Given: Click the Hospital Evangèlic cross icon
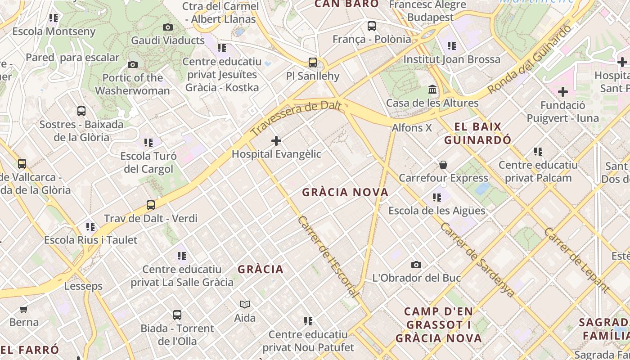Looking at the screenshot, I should coord(276,141).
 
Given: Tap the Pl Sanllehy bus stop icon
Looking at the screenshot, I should coord(312,63).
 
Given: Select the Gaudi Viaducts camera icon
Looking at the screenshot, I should coord(168,27).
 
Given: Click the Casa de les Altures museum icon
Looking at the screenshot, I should coord(432,90).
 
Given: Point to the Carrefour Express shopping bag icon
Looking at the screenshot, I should coord(443,165).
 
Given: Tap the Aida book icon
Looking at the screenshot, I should coord(245,305).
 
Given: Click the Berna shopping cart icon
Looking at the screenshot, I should coord(24,309).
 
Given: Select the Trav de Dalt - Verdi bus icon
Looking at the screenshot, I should coord(151,205).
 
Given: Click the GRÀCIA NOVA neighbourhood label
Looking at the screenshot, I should coord(345,193).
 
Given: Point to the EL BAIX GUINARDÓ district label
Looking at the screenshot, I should coord(477,133).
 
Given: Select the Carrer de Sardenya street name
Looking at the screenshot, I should coord(477,260).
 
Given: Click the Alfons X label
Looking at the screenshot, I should coord(412,128).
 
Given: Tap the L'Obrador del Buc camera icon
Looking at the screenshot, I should coord(416,265).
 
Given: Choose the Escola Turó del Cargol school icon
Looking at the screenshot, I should coord(148,143).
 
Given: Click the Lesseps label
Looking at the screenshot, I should coord(83,286).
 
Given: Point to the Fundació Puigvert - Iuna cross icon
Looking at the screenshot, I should coord(562,92).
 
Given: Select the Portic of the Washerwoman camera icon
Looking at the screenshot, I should coord(132,65).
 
